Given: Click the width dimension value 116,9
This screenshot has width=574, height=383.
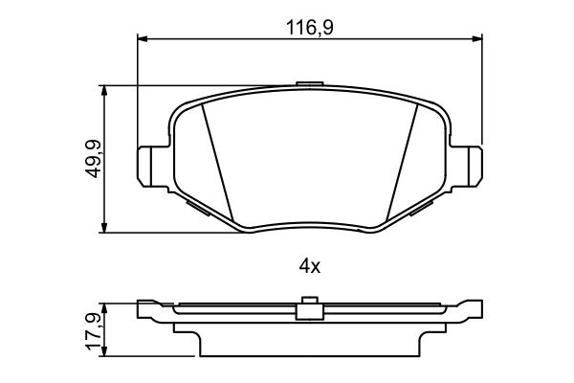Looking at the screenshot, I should [x=309, y=28].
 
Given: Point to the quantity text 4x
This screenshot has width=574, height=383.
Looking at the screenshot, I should [x=309, y=267].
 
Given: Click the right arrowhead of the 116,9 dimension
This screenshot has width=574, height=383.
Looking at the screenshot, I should [x=477, y=39].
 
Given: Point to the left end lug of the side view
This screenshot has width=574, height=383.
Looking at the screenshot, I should [x=149, y=310].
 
